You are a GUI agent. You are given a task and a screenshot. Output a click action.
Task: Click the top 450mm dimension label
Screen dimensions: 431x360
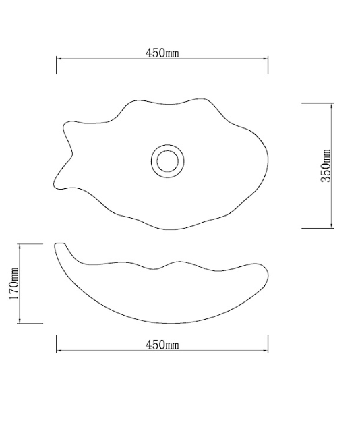point(162,53)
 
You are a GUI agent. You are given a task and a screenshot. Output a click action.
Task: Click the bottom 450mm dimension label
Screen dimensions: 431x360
point(162,345)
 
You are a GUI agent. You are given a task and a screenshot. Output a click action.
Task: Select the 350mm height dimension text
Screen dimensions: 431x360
point(326,167)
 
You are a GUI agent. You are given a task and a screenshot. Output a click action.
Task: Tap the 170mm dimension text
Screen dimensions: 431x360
point(14,284)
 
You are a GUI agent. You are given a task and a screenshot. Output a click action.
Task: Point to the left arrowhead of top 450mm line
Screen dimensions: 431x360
point(59,59)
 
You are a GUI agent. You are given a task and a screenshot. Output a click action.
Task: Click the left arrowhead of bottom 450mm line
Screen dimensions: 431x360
point(59,351)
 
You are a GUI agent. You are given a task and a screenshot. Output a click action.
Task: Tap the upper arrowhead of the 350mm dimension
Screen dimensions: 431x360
point(331,106)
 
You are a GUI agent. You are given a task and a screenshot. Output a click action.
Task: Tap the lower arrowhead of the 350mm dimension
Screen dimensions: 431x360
point(331,225)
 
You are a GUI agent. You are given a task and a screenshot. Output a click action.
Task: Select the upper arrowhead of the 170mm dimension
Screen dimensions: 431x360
point(23,246)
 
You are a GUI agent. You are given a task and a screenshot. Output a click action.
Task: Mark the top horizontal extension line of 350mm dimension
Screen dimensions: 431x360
point(317,103)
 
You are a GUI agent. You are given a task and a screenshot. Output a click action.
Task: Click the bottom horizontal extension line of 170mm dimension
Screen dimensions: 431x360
point(31,323)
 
